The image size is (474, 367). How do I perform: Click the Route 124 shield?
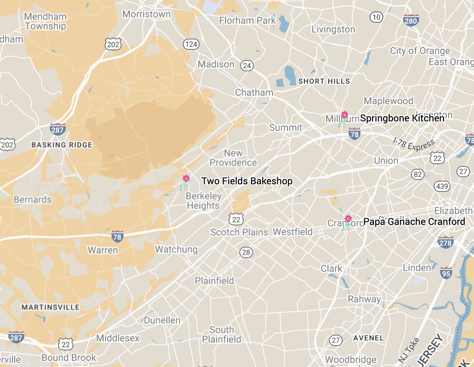click(x=191, y=44)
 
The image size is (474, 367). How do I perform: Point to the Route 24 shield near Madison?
click(x=247, y=66)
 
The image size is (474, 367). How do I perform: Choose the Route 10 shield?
click(x=376, y=17)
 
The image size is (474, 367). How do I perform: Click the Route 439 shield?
click(x=442, y=186)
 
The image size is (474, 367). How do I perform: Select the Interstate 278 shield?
click(x=445, y=242)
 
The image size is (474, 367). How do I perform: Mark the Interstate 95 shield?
click(x=446, y=273)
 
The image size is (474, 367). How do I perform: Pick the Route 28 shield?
click(x=246, y=252)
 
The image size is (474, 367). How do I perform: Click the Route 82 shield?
click(x=418, y=174)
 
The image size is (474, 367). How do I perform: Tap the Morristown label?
click(x=147, y=14)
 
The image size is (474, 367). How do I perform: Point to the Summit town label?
click(x=286, y=127)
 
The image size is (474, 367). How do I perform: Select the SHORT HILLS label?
click(x=324, y=81)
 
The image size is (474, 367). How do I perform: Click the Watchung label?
click(x=176, y=250)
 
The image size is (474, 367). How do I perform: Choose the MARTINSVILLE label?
click(x=50, y=307)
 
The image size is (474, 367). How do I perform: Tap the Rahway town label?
click(x=364, y=299)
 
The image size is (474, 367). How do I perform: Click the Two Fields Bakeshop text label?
click(x=247, y=181)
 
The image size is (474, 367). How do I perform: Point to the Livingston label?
click(x=333, y=29)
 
